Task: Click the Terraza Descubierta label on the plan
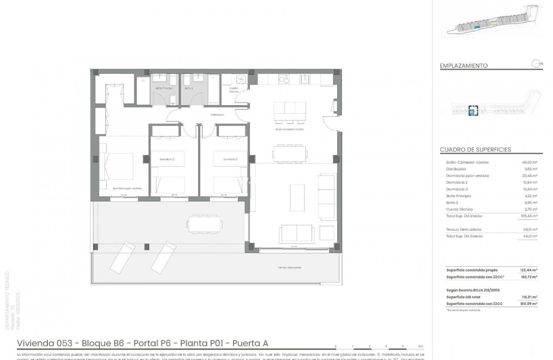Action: [x=289, y=267]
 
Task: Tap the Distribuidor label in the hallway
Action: [x=217, y=114]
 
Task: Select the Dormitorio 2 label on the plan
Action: [x=167, y=159]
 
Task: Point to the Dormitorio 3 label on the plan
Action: [x=230, y=159]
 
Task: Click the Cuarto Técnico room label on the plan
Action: [x=234, y=90]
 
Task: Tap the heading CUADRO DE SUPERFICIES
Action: [x=475, y=150]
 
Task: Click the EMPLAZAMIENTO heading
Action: [x=463, y=66]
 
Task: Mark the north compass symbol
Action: [x=535, y=64]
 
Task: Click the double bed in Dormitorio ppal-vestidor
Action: [x=117, y=166]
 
